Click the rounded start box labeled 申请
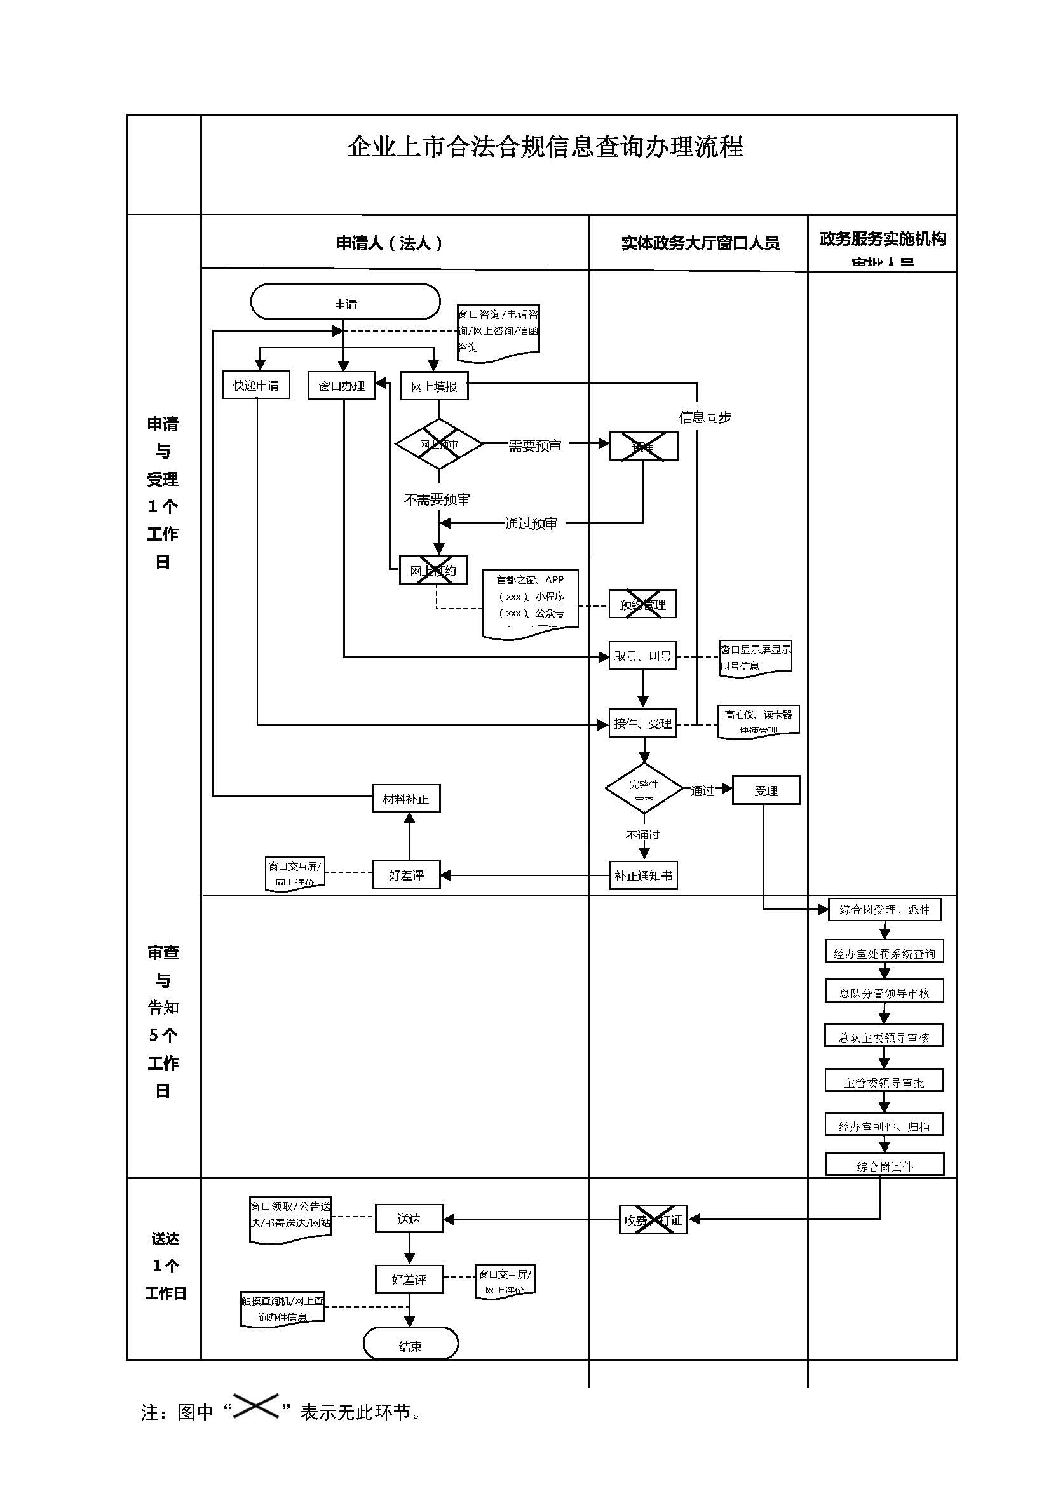click(345, 302)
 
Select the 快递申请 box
click(255, 385)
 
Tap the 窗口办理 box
click(342, 386)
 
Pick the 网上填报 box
click(433, 386)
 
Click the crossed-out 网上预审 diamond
click(439, 445)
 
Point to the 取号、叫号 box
click(642, 656)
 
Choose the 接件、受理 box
click(642, 724)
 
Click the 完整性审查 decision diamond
click(644, 789)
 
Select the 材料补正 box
click(406, 799)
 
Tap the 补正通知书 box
click(643, 875)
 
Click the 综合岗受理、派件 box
click(885, 909)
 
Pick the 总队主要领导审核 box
click(884, 1037)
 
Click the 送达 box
click(409, 1219)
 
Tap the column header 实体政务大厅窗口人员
click(700, 243)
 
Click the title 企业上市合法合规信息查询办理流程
click(545, 147)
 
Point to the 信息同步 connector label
click(705, 417)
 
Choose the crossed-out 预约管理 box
click(642, 604)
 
